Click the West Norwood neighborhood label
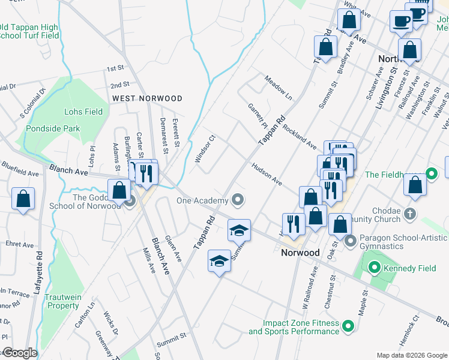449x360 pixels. click(x=146, y=98)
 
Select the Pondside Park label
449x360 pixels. click(x=53, y=128)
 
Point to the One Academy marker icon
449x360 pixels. click(x=239, y=200)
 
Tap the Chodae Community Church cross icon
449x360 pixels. click(x=409, y=213)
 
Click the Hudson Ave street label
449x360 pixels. click(x=267, y=173)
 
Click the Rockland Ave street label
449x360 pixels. click(x=300, y=137)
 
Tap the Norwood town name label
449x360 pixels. click(x=300, y=253)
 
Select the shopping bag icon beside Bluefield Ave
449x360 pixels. click(x=23, y=200)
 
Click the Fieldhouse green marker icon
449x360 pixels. click(x=431, y=175)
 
